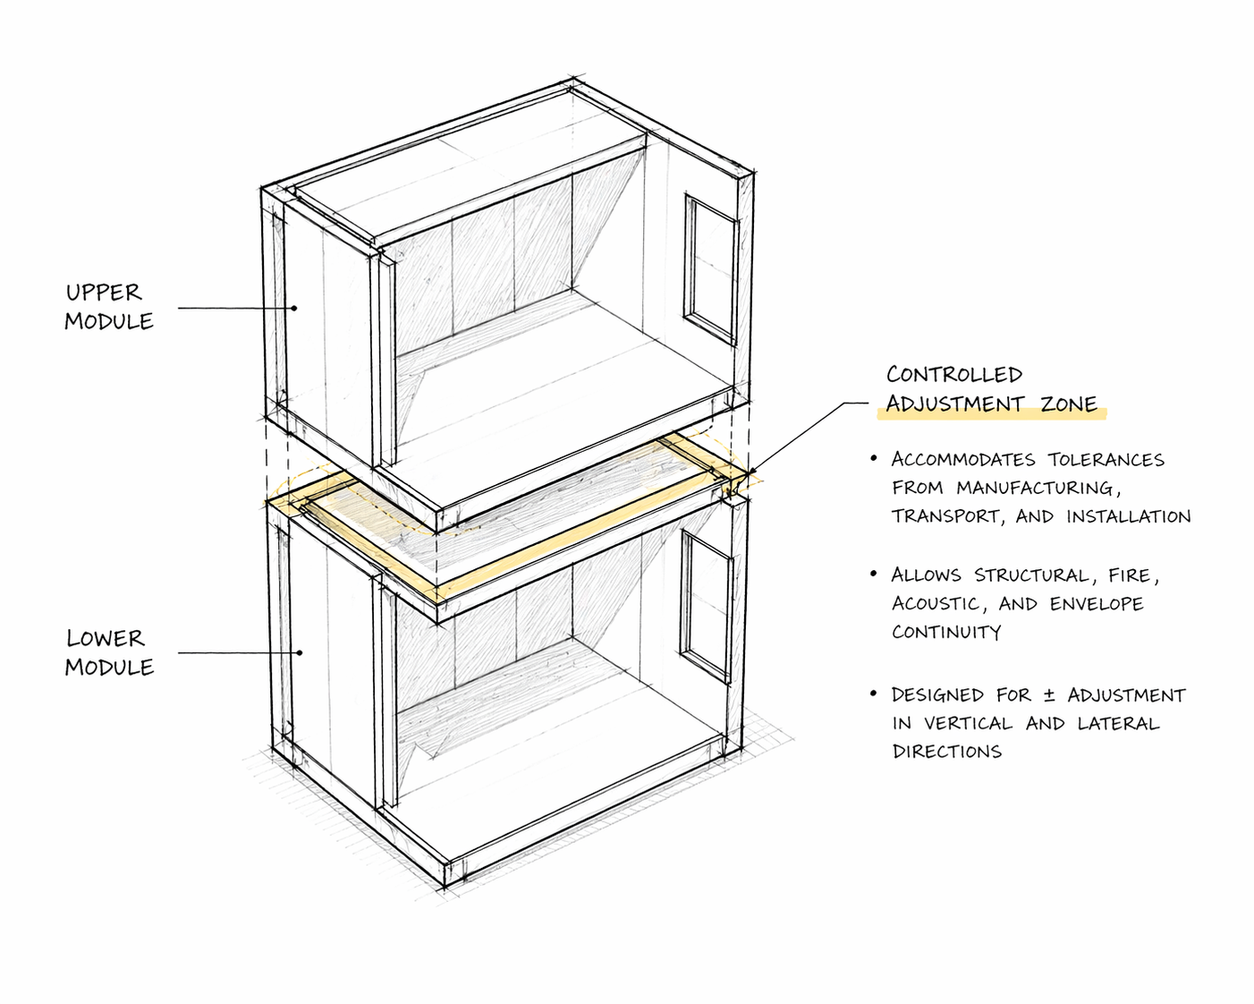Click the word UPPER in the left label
104,293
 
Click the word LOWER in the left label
105,638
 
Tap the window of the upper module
711,268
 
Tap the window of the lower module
707,605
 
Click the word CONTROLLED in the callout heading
953,374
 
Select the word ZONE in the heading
1069,404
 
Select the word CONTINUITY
946,632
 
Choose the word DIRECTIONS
947,752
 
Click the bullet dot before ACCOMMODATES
874,458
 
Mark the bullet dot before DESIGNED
874,694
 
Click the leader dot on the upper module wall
293,308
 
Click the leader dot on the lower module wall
301,652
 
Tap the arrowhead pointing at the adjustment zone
750,472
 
